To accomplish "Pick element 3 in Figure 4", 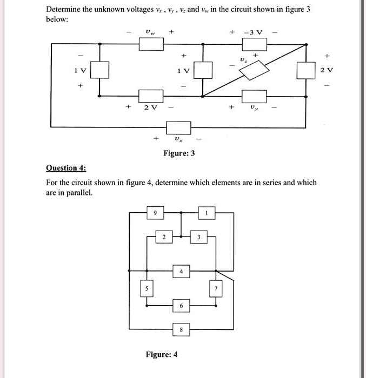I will (x=198, y=237).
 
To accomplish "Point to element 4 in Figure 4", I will (x=182, y=271).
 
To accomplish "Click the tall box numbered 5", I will (x=144, y=289).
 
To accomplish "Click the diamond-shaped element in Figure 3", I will (x=254, y=70).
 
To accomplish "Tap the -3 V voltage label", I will (x=253, y=33).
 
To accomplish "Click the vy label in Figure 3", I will (x=253, y=109).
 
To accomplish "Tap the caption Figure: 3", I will (x=179, y=154).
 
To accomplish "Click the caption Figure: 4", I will (x=162, y=354).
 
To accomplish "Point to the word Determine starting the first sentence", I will (x=64, y=9).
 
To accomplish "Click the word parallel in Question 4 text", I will (x=80, y=192).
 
